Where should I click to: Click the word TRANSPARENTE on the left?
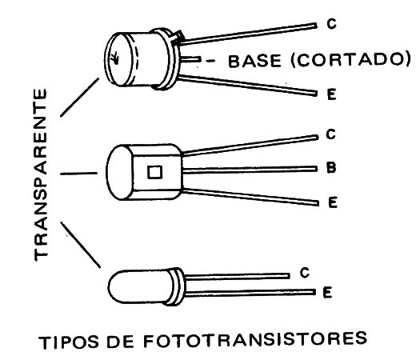(x=41, y=174)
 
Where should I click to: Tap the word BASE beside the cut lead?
(x=254, y=61)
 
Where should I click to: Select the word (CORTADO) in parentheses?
(x=350, y=60)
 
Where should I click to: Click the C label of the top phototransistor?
(x=331, y=24)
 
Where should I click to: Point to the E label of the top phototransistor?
(x=332, y=94)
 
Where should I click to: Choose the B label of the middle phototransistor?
(x=331, y=168)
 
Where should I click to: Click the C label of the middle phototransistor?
(x=330, y=134)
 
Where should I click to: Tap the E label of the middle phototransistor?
(x=333, y=202)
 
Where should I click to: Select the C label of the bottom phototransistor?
(x=304, y=273)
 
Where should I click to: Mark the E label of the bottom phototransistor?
(x=327, y=292)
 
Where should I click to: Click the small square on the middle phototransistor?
(x=154, y=172)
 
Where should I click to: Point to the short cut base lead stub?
(x=190, y=59)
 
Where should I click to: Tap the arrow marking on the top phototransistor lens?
(x=115, y=58)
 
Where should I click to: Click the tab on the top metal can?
(x=178, y=37)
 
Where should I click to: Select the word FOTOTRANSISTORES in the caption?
(x=255, y=339)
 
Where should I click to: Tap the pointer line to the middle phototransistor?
(x=79, y=174)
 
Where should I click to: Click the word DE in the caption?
(x=120, y=341)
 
